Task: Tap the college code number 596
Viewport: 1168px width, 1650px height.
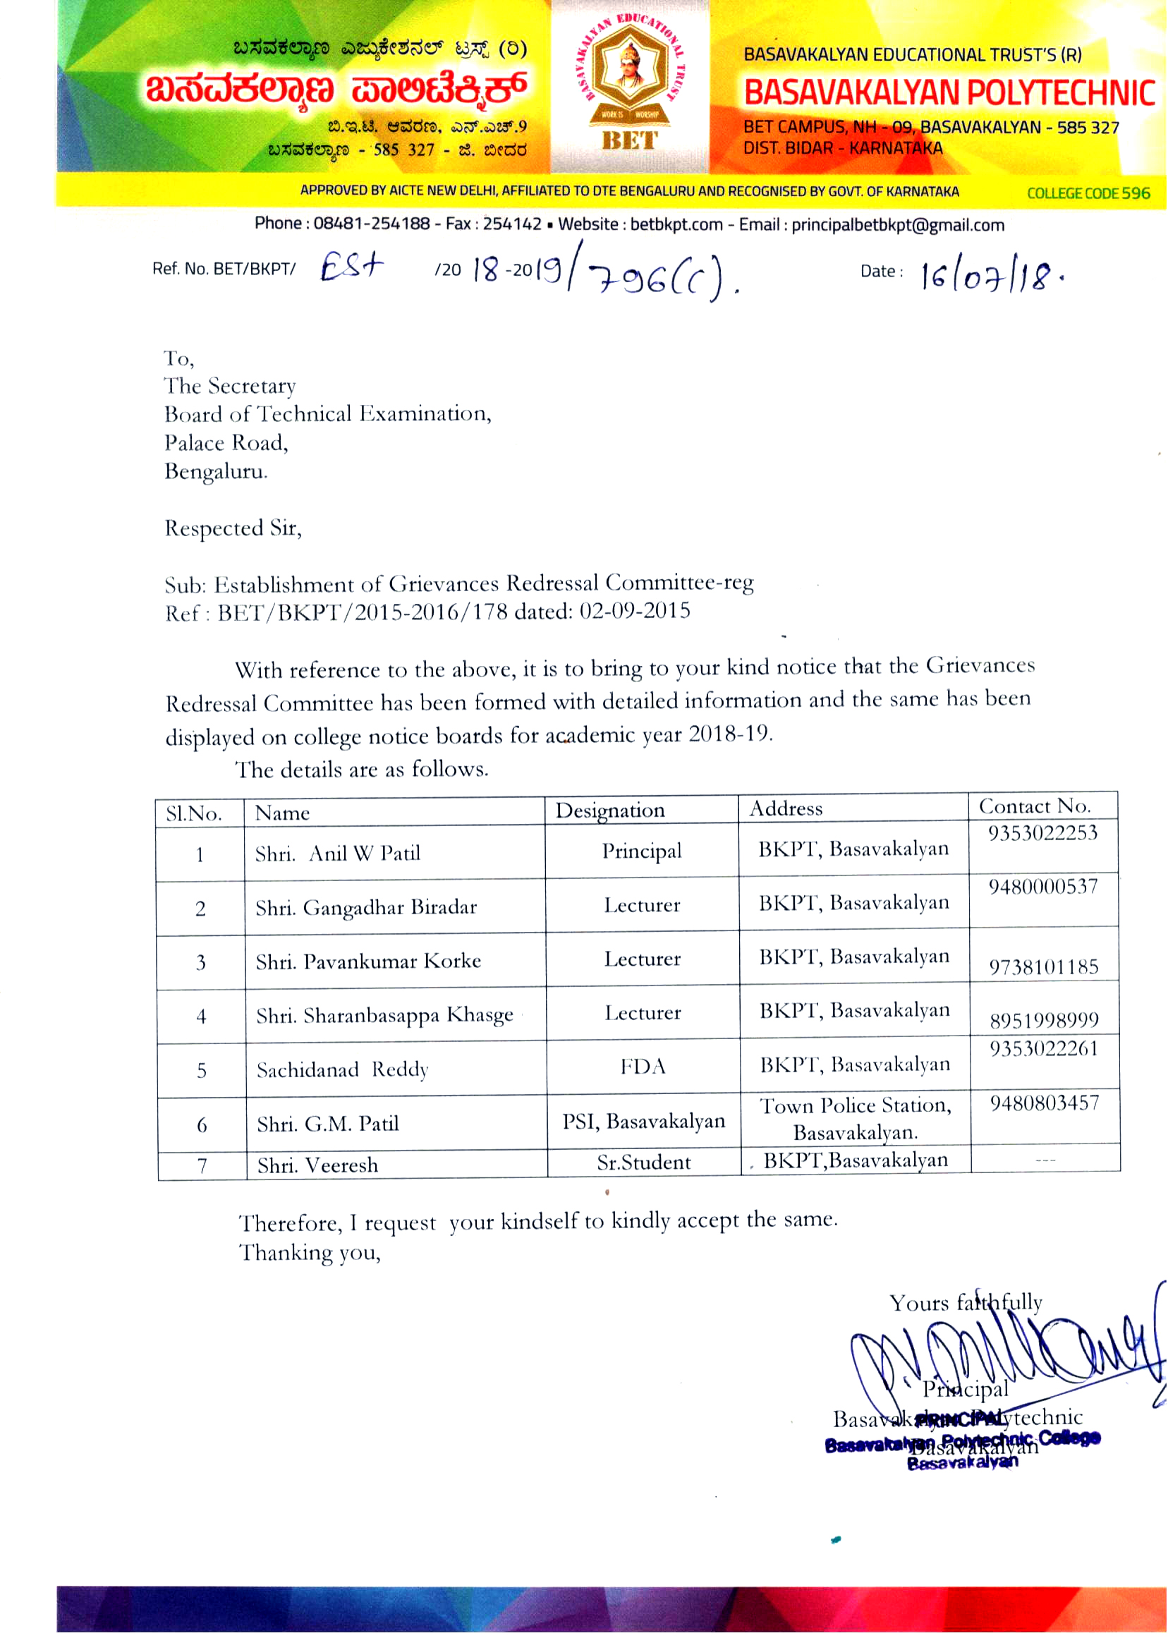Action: [x=1136, y=193]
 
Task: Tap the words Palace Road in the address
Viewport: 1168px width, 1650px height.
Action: [x=225, y=443]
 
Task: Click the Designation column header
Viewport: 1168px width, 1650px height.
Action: [x=610, y=811]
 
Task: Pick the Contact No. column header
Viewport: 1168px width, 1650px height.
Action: [x=1034, y=806]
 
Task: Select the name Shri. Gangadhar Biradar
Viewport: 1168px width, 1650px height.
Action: [x=366, y=908]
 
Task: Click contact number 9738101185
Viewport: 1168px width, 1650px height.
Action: [x=1044, y=966]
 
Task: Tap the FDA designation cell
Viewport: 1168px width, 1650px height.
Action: [x=643, y=1067]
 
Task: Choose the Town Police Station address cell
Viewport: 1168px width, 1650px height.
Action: [x=855, y=1119]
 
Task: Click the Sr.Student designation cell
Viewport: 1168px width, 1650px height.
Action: [x=644, y=1163]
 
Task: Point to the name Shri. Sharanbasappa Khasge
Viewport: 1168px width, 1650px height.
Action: [x=385, y=1016]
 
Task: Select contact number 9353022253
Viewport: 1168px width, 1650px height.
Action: [x=1042, y=834]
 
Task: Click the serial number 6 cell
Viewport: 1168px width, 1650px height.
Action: [x=202, y=1125]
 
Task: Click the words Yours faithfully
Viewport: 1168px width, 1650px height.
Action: [x=965, y=1303]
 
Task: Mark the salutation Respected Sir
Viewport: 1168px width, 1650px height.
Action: [x=233, y=528]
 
